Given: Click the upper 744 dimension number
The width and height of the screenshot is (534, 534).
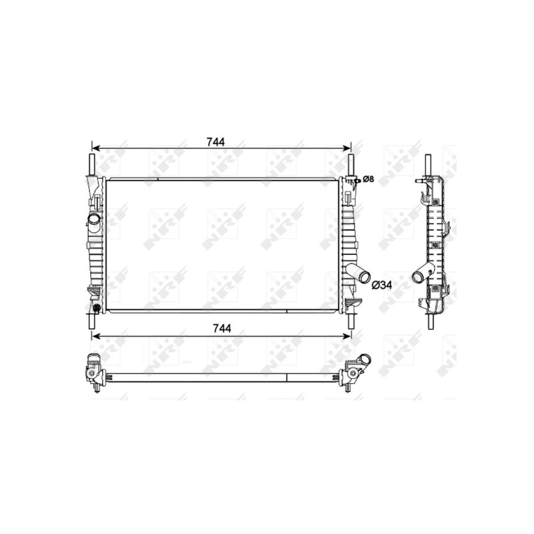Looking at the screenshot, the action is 216,142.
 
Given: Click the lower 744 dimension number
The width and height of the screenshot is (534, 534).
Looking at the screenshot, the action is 222,328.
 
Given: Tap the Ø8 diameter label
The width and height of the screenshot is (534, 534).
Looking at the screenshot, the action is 368,179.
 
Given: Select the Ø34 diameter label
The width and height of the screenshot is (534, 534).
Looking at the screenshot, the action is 381,285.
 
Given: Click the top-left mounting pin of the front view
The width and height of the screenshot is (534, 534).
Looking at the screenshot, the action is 91,164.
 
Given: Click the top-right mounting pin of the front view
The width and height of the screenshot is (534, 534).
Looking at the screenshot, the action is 351,165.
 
